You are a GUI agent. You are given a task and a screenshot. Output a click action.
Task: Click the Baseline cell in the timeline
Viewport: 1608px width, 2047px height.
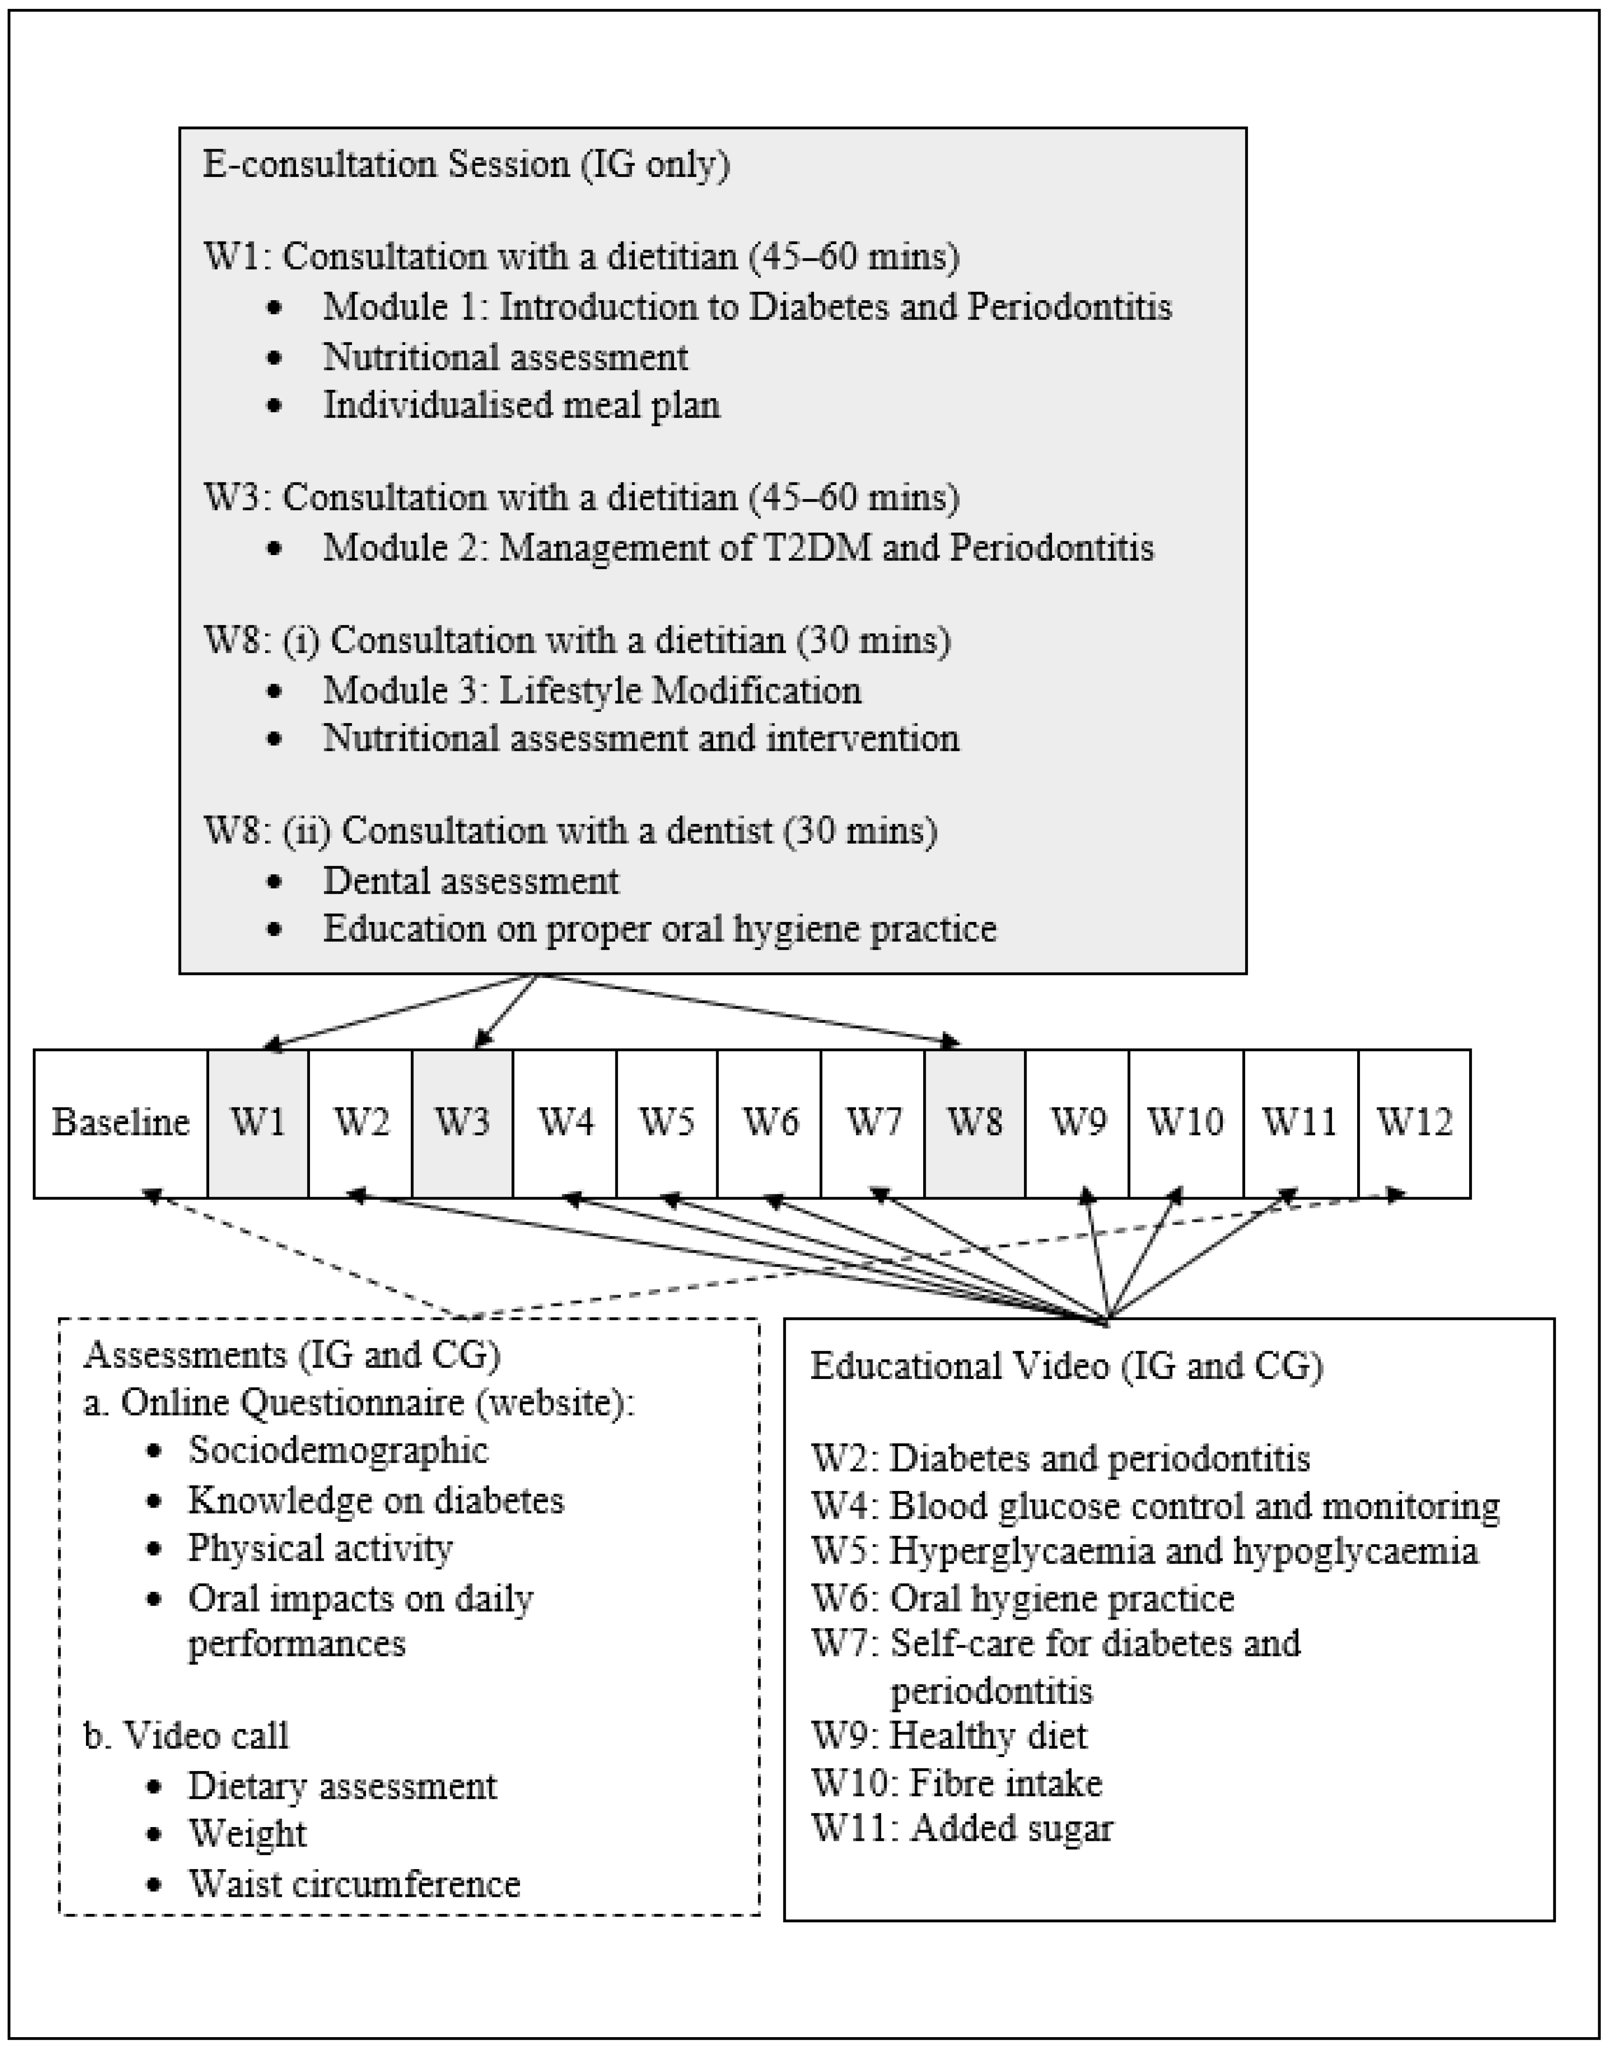(120, 1122)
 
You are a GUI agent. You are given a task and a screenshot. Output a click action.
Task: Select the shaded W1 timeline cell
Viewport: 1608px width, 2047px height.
(258, 1122)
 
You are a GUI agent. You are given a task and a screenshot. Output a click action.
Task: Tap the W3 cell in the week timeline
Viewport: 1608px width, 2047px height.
(462, 1122)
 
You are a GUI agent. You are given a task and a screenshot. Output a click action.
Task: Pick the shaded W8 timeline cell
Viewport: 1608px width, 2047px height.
(974, 1122)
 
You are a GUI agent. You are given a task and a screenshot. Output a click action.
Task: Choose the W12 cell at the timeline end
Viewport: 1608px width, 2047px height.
(1414, 1122)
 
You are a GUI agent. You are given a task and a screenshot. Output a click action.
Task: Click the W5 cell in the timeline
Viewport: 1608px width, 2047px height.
(666, 1122)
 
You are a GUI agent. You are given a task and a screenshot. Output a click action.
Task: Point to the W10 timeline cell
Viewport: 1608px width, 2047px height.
(1185, 1122)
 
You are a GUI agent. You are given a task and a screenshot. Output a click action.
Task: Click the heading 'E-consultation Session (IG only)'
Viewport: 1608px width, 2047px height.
(466, 165)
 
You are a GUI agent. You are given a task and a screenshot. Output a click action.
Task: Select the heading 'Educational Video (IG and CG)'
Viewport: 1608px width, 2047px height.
(1066, 1365)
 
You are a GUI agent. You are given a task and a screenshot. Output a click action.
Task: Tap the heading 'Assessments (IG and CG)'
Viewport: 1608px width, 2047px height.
(292, 1354)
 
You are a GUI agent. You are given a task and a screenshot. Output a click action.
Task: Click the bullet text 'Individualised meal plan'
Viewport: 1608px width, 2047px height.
(521, 405)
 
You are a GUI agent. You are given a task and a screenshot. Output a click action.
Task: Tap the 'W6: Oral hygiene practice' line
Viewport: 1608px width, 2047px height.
(1023, 1598)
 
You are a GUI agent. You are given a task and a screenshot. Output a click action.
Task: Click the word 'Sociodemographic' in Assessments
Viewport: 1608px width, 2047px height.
(338, 1450)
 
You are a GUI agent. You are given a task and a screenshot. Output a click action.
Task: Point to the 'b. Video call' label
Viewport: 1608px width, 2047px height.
(186, 1735)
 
